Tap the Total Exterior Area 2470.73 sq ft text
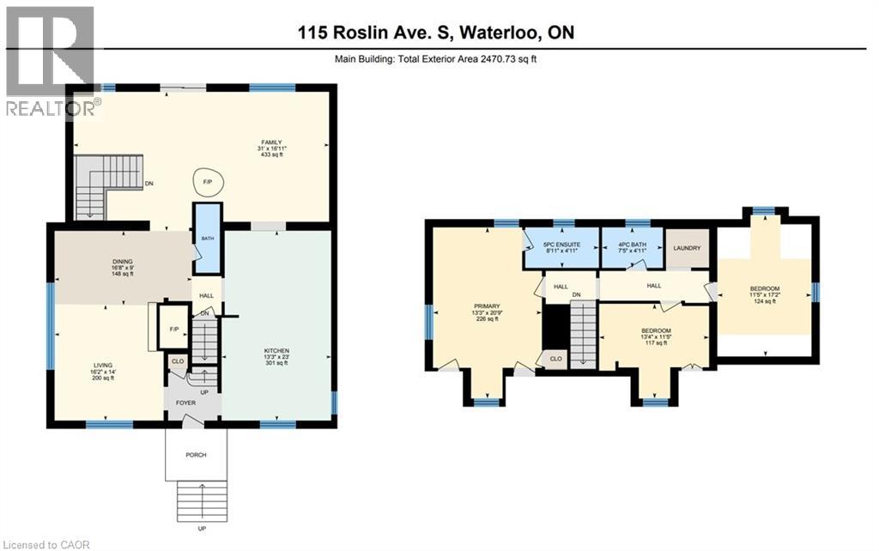(x=439, y=59)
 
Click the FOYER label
(x=186, y=403)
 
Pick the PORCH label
(x=195, y=455)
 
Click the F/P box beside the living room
(x=174, y=328)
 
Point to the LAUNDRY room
(x=688, y=249)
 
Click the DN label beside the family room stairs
(x=149, y=183)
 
